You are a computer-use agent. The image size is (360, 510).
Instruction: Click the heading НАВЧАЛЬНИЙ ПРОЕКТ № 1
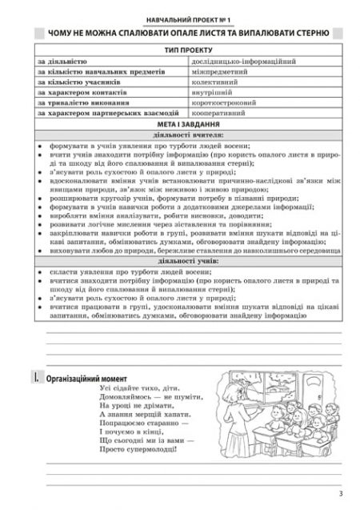(x=179, y=17)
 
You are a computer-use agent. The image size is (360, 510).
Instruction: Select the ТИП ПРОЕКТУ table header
(x=179, y=50)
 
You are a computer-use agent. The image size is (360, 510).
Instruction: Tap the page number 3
(x=340, y=494)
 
